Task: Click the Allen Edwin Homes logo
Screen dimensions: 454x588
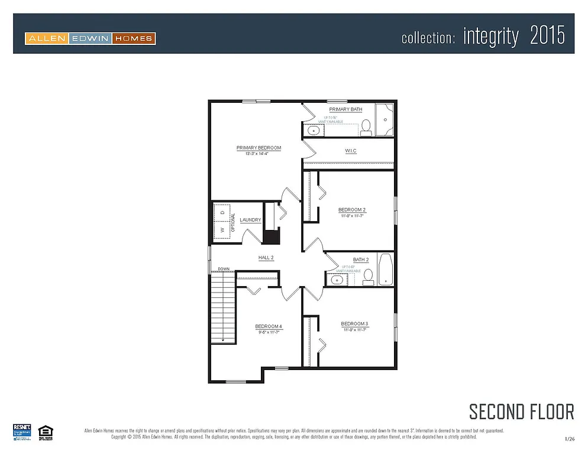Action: [90, 39]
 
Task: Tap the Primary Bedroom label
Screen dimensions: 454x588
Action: [259, 148]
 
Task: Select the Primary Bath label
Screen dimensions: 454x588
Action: [345, 109]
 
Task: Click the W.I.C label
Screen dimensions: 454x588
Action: [351, 151]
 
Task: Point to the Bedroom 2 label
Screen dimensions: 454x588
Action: [352, 210]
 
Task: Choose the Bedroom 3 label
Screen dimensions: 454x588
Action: [354, 324]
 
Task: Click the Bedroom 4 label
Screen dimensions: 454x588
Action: [269, 327]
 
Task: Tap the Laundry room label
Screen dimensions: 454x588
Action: [250, 220]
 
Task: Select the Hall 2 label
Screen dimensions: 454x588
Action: [266, 258]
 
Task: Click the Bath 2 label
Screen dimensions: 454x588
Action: [361, 260]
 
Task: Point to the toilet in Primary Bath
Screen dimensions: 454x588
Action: [366, 126]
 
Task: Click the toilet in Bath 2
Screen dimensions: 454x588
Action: [367, 276]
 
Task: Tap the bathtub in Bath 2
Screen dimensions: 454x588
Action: [386, 270]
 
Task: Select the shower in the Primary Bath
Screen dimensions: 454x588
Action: [385, 120]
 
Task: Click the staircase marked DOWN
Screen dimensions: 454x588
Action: [224, 310]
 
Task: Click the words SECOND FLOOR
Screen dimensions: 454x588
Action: [521, 411]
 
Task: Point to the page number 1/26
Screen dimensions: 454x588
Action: [569, 439]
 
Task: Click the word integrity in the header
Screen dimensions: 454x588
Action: [490, 37]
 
